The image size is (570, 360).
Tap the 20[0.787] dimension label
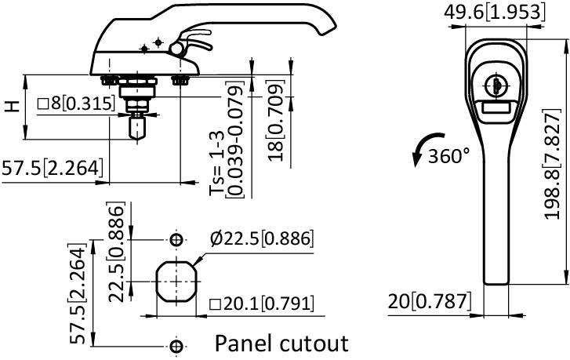[430, 301]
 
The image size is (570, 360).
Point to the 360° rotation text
[449, 155]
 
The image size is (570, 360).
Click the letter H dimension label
[11, 106]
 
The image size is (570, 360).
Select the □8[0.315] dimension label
[78, 103]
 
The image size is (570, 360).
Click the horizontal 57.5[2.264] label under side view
[52, 168]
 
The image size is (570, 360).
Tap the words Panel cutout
[281, 343]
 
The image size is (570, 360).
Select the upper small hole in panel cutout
[176, 238]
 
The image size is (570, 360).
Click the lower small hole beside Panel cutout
[176, 344]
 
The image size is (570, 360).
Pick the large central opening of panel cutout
[176, 281]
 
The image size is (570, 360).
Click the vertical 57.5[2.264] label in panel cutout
[77, 293]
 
